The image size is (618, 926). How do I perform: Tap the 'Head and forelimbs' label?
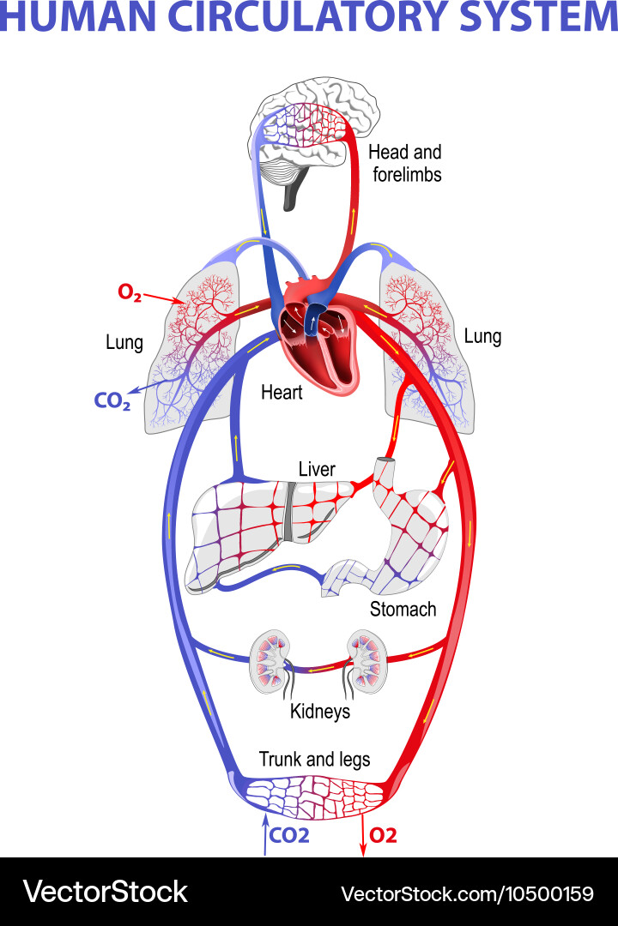coord(404,163)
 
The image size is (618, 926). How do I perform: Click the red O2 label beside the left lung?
coord(130,292)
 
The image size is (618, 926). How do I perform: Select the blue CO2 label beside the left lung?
coord(112,400)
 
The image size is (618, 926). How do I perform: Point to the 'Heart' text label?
coord(282,393)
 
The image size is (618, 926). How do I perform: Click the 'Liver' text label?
coord(317,469)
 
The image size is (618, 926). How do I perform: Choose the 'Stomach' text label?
coord(403,610)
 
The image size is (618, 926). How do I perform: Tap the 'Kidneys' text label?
coord(320,711)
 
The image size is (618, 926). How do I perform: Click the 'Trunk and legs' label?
coord(315,760)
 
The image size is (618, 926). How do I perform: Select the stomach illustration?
coord(403,532)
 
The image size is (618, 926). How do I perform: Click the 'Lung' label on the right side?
coord(482,336)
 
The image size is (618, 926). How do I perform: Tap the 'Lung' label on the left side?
coord(124,343)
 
